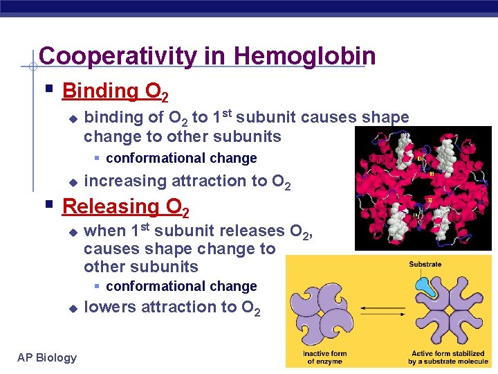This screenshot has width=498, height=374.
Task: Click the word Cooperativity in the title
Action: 117,56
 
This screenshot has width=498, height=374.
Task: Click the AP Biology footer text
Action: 47,357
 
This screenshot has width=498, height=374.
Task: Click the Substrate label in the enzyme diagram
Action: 425,264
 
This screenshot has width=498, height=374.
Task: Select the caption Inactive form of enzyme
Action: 325,357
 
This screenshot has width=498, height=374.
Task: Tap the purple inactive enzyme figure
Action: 324,316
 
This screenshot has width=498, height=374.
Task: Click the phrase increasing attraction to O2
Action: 187,182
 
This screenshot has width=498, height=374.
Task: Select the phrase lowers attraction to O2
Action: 172,308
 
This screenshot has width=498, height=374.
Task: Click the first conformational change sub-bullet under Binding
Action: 181,158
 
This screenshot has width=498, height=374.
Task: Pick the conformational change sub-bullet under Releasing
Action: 181,286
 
